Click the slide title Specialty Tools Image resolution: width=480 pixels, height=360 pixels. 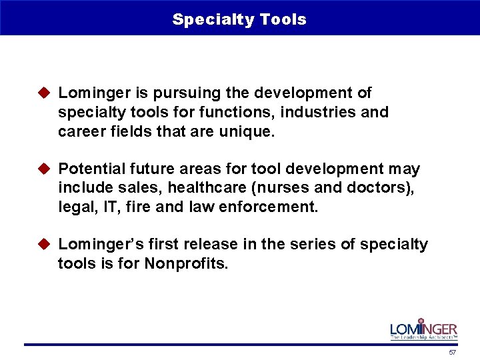[x=239, y=19]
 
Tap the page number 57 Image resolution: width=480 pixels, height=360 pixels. [x=453, y=352]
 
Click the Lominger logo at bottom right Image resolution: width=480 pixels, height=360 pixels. [x=423, y=329]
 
